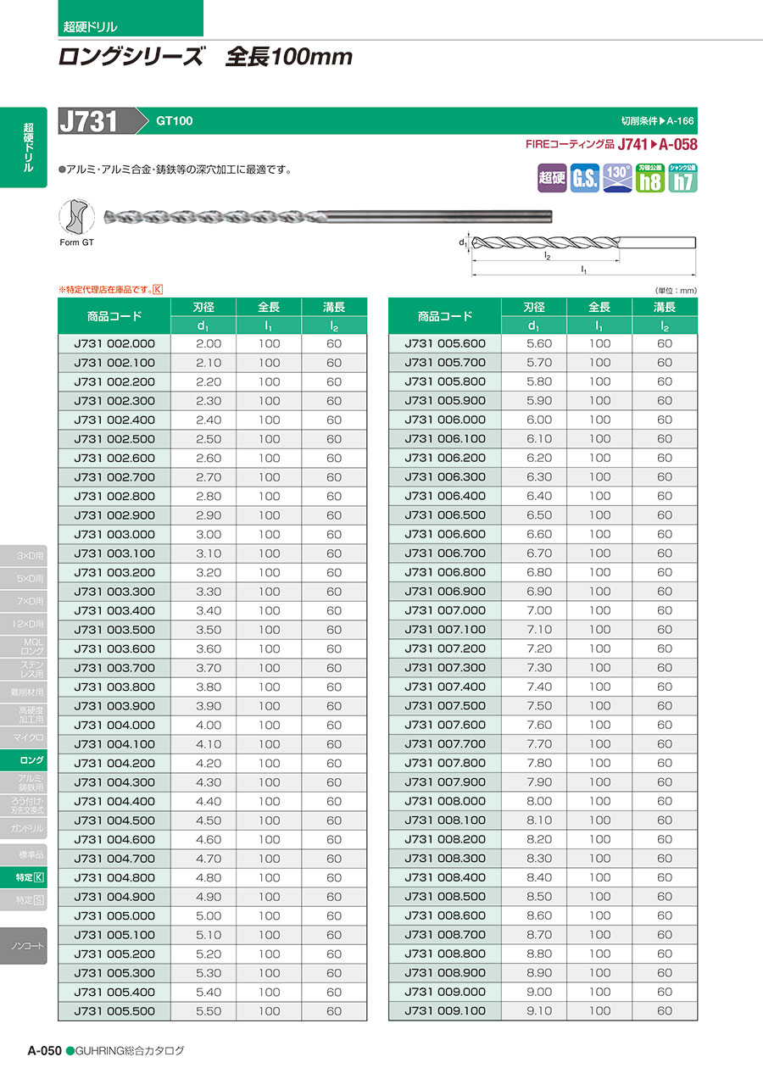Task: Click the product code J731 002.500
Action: point(114,439)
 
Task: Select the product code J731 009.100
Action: point(445,1011)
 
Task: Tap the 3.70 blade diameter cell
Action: point(209,668)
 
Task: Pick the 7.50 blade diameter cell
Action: point(539,706)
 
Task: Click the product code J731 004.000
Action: point(114,726)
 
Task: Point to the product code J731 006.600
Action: point(445,534)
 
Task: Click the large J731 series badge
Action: point(88,121)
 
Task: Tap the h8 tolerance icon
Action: point(649,178)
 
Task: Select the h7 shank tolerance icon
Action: point(682,178)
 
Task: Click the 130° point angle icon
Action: point(616,178)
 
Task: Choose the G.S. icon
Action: point(585,178)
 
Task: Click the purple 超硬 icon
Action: point(552,178)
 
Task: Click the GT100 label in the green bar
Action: point(174,121)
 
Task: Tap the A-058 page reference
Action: point(677,145)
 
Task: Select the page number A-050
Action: point(44,1050)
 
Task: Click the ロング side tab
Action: point(32,761)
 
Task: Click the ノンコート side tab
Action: point(28,945)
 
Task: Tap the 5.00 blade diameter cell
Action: point(209,916)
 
